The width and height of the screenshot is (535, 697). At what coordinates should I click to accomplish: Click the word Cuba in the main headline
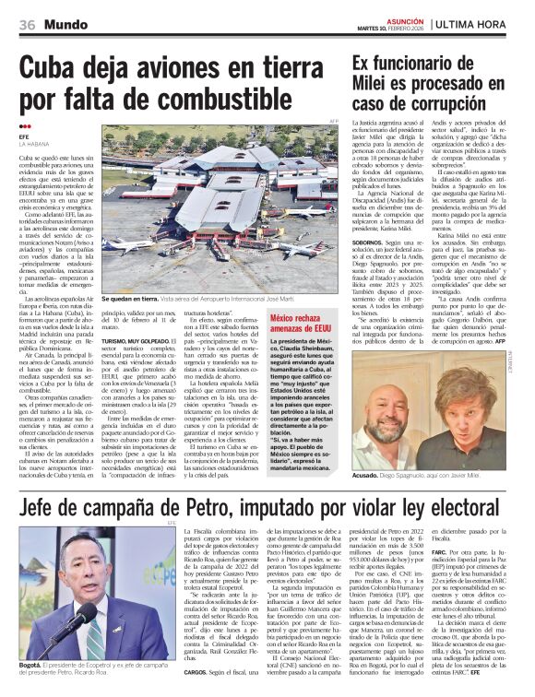point(54,69)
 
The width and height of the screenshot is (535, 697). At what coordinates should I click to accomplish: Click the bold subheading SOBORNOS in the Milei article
point(371,268)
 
